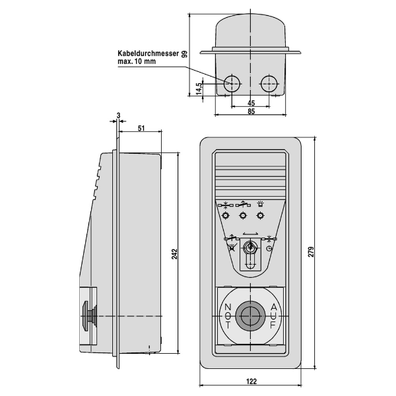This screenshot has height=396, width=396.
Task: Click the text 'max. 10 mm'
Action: point(137,61)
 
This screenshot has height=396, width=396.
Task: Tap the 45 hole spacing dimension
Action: point(251,103)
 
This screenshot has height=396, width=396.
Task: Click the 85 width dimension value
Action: point(251,112)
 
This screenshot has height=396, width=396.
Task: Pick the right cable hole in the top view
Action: point(269,84)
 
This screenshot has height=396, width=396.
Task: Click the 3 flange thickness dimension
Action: point(118,115)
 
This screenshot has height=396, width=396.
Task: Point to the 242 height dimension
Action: point(175,254)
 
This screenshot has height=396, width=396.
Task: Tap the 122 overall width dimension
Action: point(251,381)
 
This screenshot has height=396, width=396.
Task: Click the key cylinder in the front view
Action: point(250,248)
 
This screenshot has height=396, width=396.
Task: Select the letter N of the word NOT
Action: point(228,307)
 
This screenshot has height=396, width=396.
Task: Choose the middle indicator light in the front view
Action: point(244,216)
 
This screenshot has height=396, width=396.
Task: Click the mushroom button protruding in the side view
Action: point(88,315)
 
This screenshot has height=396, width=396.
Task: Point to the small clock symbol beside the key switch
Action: point(269,249)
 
